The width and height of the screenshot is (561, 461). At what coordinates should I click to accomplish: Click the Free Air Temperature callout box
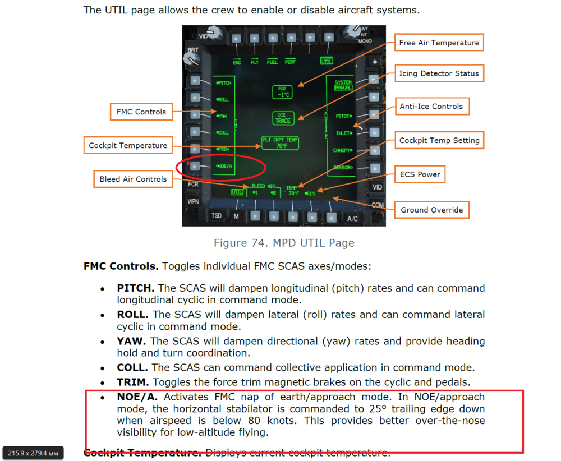439,43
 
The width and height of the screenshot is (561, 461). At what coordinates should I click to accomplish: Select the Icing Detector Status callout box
439,73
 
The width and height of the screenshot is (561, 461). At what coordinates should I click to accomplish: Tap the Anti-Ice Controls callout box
431,107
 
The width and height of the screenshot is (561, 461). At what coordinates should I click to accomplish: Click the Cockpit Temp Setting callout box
439,141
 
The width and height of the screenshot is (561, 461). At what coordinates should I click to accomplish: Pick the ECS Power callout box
420,174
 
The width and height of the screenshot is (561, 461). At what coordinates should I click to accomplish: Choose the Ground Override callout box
431,210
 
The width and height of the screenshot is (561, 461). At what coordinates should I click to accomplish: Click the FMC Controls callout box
141,112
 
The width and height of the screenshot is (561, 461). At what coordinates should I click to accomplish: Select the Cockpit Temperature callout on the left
128,146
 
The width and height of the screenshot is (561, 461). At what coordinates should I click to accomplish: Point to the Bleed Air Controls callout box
133,179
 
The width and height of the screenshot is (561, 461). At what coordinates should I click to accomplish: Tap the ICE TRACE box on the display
283,118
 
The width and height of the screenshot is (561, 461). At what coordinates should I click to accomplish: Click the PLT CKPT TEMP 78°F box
280,143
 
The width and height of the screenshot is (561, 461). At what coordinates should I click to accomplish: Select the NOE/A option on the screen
224,167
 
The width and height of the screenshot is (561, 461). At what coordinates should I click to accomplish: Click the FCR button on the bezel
193,184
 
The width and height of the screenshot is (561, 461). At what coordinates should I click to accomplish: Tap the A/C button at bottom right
352,218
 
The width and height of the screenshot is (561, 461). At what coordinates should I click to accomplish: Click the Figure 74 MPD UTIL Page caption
284,243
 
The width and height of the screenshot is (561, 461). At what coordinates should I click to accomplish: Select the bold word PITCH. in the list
135,288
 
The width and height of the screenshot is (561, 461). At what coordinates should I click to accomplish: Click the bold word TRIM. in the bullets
133,382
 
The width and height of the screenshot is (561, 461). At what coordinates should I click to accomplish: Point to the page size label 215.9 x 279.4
34,453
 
